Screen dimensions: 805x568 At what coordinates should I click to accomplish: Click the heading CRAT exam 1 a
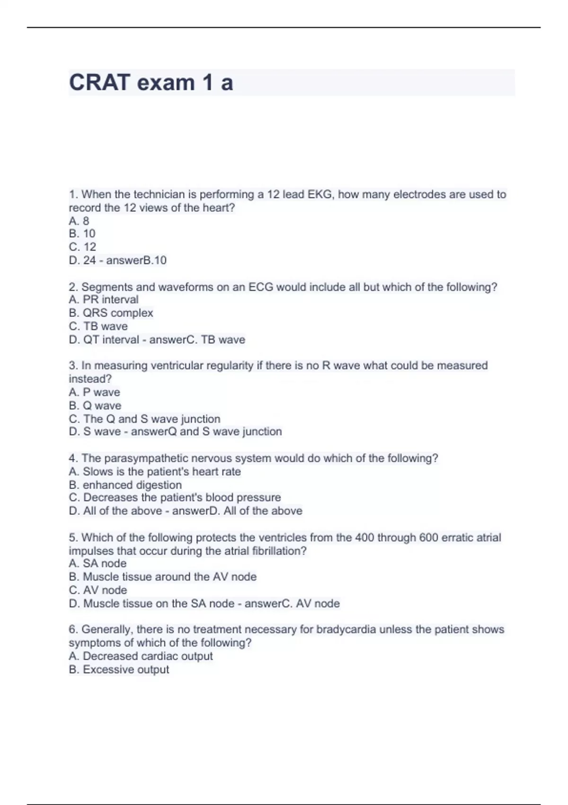(151, 83)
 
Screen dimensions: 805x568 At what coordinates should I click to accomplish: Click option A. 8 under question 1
(79, 221)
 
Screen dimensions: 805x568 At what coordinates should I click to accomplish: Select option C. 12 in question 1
(82, 247)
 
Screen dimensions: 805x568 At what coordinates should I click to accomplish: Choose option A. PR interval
(104, 300)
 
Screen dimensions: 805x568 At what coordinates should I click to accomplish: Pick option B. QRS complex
(111, 313)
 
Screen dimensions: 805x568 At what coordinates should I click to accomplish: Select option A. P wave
(94, 392)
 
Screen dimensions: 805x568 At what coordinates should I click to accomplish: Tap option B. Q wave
(95, 405)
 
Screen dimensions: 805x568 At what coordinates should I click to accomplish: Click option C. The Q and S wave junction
(144, 419)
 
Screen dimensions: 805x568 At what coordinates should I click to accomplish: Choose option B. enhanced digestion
(125, 485)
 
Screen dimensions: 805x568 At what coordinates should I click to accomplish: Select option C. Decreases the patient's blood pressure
(175, 498)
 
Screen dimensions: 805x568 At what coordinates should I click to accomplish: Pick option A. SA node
(98, 563)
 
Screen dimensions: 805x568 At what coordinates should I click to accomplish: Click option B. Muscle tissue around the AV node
(162, 577)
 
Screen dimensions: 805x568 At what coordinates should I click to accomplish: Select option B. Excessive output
(119, 670)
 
